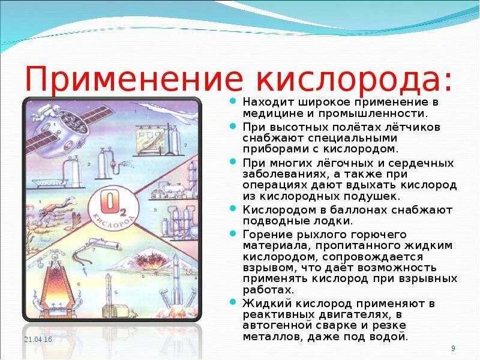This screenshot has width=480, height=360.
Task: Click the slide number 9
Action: coord(452,349)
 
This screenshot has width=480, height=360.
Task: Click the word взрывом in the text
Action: coord(265,268)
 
